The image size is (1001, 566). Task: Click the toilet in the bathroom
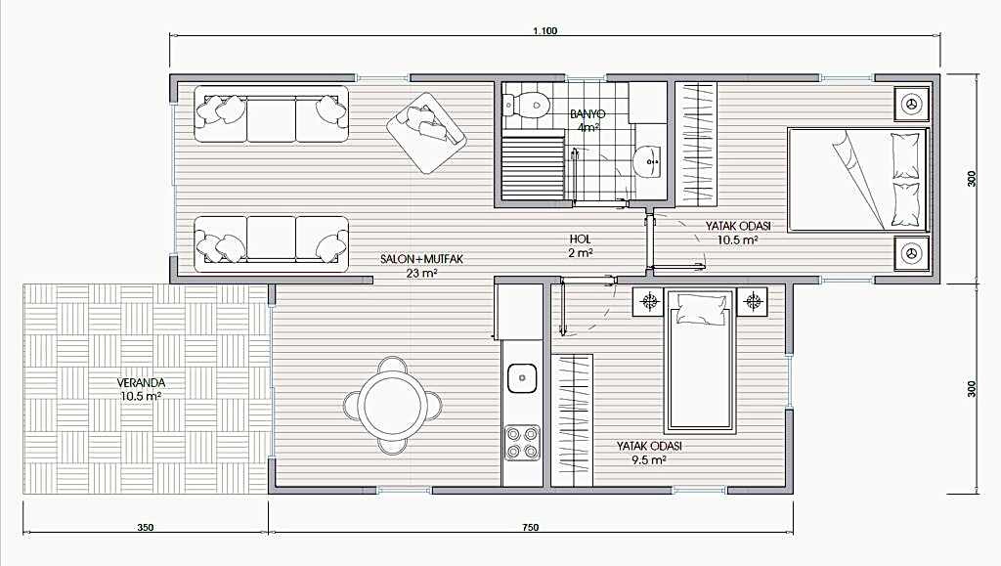[x=525, y=103]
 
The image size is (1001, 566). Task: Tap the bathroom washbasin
[x=649, y=159]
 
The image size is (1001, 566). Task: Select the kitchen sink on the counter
[x=522, y=377]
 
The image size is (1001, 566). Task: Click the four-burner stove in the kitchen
[x=522, y=443]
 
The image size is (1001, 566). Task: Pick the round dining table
[x=392, y=406]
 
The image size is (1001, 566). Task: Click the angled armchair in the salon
[x=426, y=132]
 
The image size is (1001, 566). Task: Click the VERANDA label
[x=141, y=383]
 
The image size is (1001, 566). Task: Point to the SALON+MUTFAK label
[x=421, y=259]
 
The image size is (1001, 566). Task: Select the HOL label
[x=581, y=239]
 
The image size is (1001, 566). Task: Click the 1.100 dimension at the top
[x=545, y=30]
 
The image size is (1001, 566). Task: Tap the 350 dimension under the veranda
[x=146, y=527]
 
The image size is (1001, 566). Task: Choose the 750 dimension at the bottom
[x=530, y=527]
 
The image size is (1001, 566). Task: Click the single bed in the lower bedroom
[x=700, y=360]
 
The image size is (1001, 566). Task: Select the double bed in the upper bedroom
[x=857, y=179]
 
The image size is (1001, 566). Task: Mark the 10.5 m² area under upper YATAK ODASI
[x=738, y=239]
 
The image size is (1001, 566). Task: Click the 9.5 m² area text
[x=649, y=459]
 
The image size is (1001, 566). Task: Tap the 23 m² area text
[x=421, y=274]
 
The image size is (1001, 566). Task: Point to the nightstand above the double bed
[x=911, y=104]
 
